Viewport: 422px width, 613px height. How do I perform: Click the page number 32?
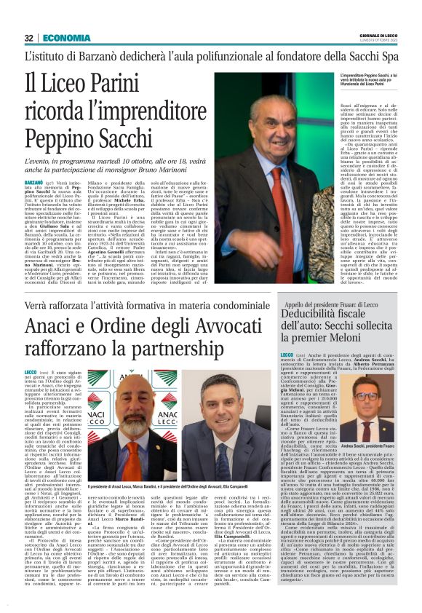[29, 38]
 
